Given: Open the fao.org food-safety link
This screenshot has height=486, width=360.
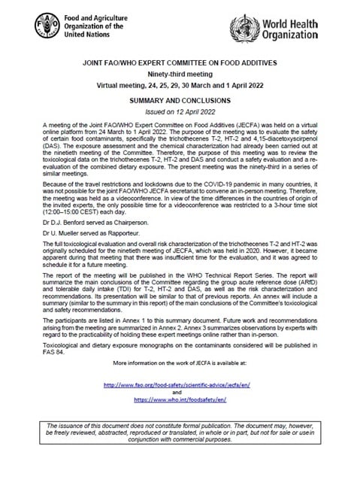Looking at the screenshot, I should [x=180, y=384].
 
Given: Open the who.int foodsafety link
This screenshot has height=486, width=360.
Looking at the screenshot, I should [x=180, y=402].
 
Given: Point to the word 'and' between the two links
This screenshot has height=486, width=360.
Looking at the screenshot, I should [x=180, y=393].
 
